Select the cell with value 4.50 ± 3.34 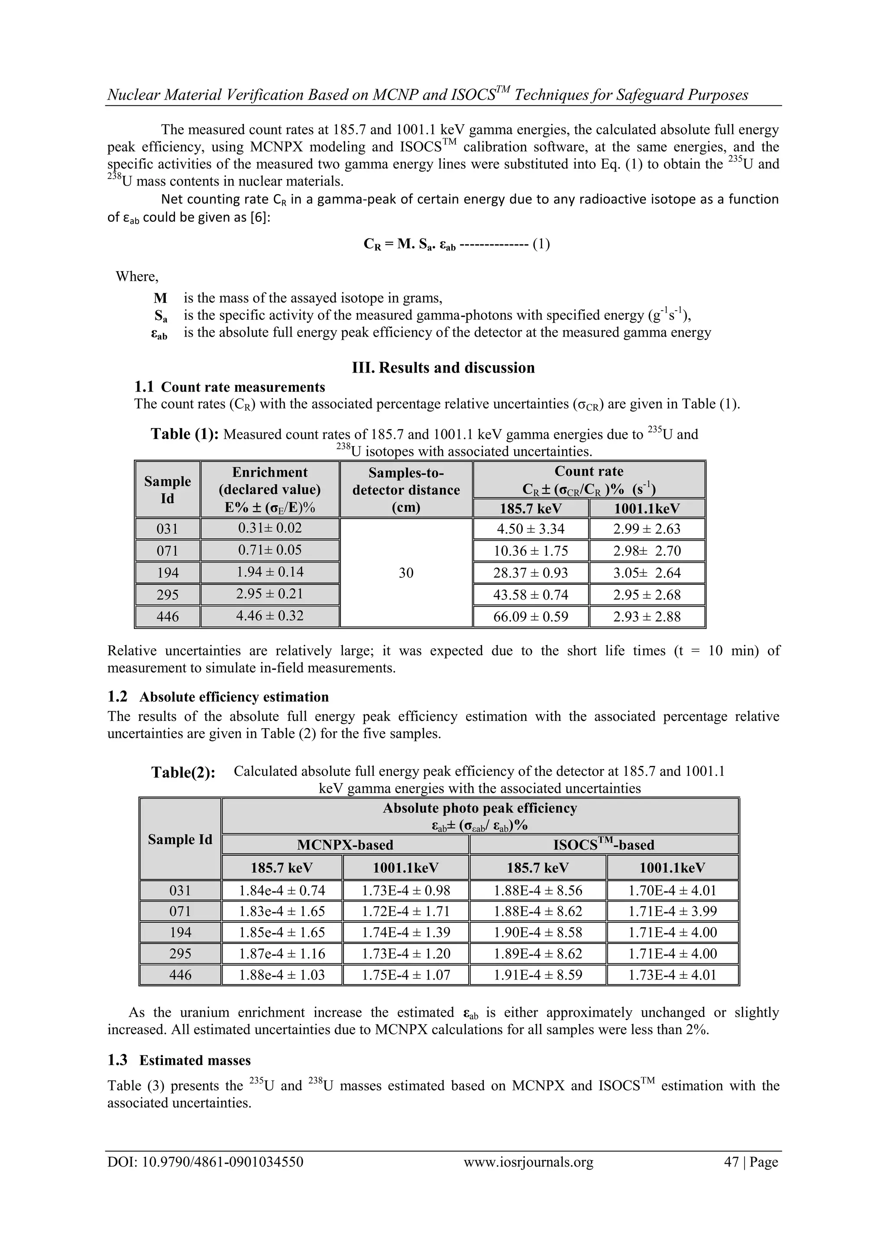[x=530, y=529]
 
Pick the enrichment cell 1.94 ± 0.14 [x=269, y=572]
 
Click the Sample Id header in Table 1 [x=167, y=490]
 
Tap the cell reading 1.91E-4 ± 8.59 [x=538, y=975]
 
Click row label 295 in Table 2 [x=180, y=954]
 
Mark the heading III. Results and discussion [x=443, y=367]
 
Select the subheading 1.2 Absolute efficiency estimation [x=218, y=697]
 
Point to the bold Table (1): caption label [x=185, y=434]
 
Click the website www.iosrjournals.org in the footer [x=528, y=1177]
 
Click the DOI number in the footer [x=205, y=1177]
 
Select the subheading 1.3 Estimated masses [x=179, y=1060]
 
